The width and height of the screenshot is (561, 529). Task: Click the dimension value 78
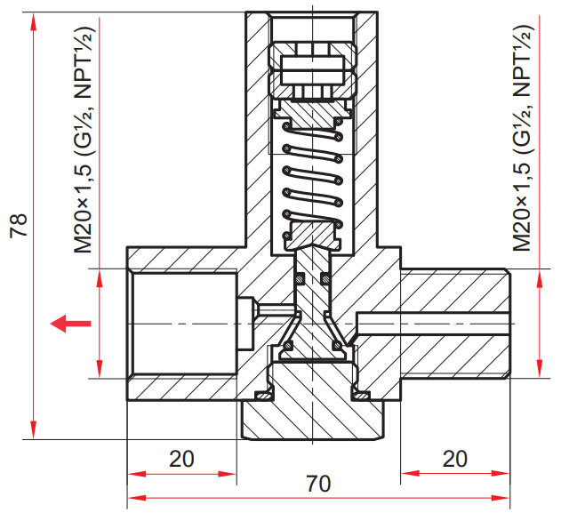point(19,225)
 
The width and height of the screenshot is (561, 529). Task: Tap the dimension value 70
point(318,484)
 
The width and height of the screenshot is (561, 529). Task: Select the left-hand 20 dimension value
point(181,459)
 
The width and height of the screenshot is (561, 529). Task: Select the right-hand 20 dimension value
point(454,459)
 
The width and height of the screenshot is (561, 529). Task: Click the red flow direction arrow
point(70,324)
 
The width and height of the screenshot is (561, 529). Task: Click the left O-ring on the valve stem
point(300,278)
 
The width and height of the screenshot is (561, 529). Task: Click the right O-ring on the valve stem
point(325,278)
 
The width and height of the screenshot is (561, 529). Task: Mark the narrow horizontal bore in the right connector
point(432,324)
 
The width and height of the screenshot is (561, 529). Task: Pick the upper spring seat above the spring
point(312,114)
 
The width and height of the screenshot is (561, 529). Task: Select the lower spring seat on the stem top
point(312,236)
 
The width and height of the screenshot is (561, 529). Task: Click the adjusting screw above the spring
point(312,70)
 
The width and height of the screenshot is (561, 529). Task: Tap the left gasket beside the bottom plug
point(263,396)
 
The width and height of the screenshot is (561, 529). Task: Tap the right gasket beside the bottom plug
point(361,396)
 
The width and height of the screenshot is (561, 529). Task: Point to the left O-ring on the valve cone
point(288,346)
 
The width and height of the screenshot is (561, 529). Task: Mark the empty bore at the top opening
point(312,28)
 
